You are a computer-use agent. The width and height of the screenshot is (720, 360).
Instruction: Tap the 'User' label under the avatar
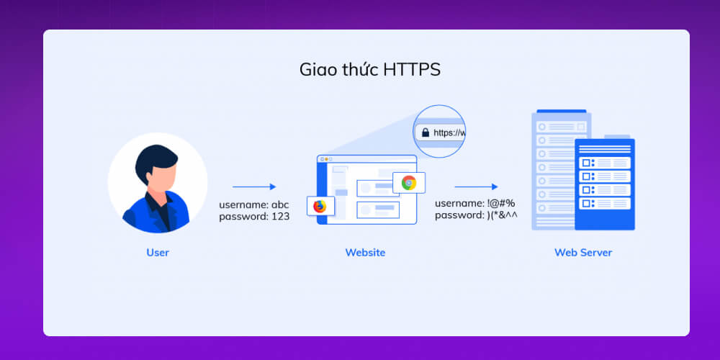[x=157, y=252]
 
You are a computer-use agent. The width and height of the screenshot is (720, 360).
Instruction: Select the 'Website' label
[x=364, y=252]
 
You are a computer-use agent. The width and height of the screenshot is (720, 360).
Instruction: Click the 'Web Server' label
[x=583, y=252]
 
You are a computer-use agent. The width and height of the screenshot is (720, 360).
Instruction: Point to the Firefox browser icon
[x=319, y=206]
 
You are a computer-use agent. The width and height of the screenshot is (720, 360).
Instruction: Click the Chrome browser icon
[x=408, y=182]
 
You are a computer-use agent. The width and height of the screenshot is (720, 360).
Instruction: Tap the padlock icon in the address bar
[x=426, y=132]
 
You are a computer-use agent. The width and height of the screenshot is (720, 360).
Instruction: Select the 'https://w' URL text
[x=449, y=132]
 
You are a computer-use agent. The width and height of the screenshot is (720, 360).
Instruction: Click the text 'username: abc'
[x=253, y=204]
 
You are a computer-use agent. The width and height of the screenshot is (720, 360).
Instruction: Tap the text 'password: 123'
[x=253, y=216]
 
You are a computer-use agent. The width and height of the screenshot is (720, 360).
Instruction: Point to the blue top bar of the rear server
[x=561, y=113]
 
